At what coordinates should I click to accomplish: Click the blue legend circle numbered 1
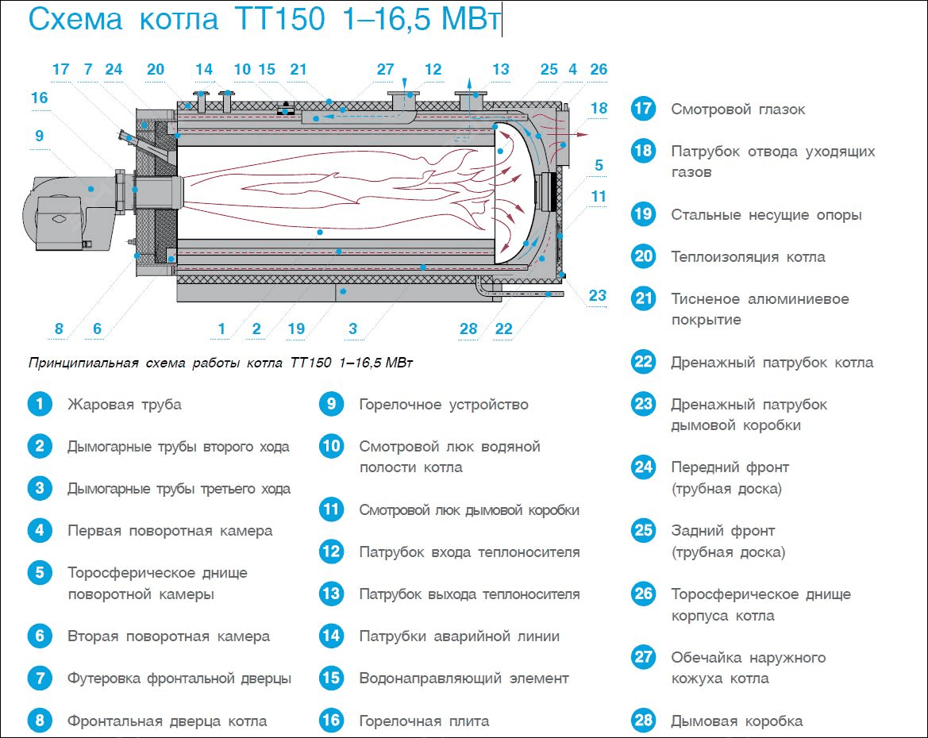coord(39,404)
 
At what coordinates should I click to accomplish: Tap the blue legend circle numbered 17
coord(643,109)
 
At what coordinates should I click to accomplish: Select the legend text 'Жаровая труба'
coord(125,404)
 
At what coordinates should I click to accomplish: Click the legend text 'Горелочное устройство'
coord(444,404)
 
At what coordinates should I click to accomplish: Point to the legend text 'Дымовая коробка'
coord(737,721)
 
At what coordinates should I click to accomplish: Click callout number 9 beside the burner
coord(39,136)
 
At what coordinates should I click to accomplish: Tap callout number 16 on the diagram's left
coord(39,98)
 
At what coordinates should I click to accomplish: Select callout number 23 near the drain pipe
coord(597,296)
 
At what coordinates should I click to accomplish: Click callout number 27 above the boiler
coord(385,70)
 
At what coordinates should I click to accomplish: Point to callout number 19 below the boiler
coord(295,329)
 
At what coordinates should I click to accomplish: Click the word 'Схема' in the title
coord(75,19)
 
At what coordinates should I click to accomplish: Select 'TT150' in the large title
coord(280,19)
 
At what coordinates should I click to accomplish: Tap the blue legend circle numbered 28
coord(643,721)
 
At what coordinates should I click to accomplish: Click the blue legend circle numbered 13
coord(331,594)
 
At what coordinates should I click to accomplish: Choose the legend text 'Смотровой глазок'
coord(738,109)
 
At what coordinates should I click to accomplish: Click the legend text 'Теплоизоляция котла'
coord(748,256)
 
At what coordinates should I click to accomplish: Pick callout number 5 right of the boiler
coord(598,165)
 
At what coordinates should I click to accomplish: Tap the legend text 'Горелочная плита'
coord(424,721)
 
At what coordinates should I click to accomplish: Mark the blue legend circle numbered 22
coord(643,362)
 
